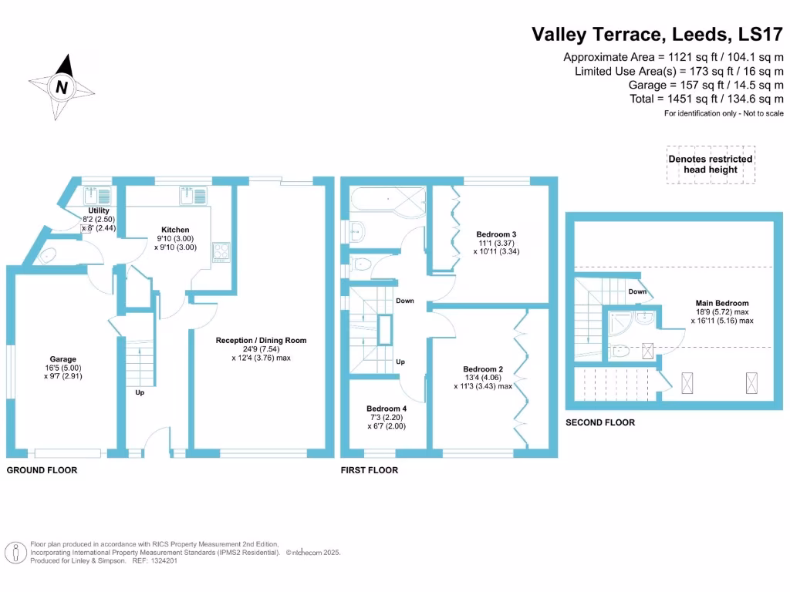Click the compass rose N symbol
click(62, 87)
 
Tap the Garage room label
click(63, 359)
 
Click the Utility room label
click(99, 210)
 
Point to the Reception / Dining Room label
click(261, 340)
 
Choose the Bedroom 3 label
click(496, 234)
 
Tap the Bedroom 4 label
click(387, 409)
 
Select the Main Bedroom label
click(721, 303)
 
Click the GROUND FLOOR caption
click(42, 469)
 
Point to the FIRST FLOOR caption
click(370, 469)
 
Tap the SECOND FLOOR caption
click(600, 422)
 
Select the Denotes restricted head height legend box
click(711, 164)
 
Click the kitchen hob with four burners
click(221, 251)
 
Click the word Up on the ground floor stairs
click(140, 392)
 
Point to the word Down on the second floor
click(637, 291)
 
